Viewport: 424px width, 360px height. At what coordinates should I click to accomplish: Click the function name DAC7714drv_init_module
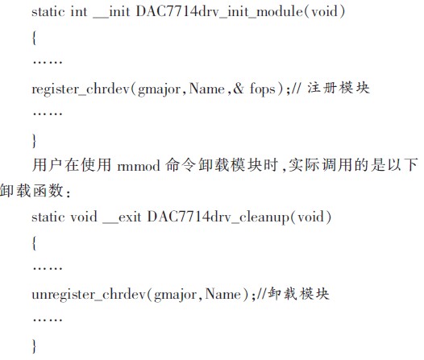point(219,12)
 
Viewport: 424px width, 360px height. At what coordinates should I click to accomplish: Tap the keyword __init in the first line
point(111,12)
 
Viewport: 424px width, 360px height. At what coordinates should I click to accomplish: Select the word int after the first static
point(79,12)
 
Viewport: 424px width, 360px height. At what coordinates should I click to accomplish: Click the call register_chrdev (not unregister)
point(81,89)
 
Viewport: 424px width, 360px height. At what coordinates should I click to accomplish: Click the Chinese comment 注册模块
point(339,88)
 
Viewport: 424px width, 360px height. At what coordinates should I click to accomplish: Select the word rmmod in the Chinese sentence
point(139,166)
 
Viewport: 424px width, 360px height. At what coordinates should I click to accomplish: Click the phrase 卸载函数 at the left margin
point(31,191)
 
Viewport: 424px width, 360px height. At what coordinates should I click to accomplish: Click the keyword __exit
point(122,217)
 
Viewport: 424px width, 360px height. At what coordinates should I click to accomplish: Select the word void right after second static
point(84,217)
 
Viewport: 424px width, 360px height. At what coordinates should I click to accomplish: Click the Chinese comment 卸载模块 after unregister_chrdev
point(298,294)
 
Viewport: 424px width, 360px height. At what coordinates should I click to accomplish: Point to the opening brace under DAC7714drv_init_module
point(34,38)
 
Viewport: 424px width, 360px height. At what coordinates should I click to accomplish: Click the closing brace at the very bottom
point(34,346)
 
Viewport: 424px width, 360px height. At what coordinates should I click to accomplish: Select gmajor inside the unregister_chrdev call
point(175,295)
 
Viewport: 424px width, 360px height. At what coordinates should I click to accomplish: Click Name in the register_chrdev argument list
point(207,89)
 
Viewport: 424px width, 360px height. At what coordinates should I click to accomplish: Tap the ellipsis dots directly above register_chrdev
point(48,62)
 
